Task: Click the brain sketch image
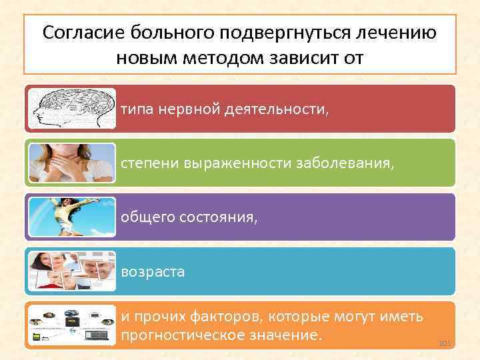coord(71,108)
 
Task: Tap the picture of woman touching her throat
coord(71,163)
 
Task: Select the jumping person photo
coord(71,217)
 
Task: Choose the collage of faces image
coord(71,271)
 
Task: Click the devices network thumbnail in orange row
coord(71,325)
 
